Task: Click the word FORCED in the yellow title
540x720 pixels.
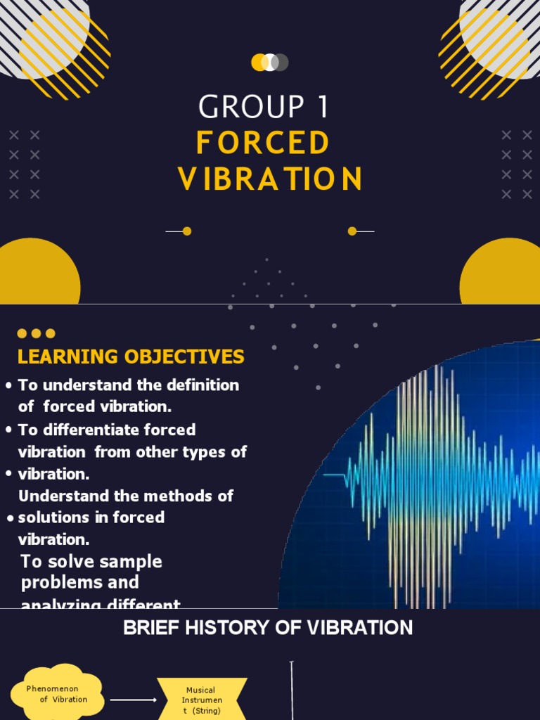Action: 263,143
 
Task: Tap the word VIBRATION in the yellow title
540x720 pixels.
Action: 270,179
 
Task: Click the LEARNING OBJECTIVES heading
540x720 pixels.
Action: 131,356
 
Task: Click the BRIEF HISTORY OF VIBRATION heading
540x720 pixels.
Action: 268,628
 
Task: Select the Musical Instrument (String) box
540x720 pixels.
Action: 202,700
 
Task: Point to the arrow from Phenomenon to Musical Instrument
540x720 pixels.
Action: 134,700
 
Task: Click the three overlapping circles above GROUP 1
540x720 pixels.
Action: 270,63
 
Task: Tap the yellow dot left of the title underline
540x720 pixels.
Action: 187,231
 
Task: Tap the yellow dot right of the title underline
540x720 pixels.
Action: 352,231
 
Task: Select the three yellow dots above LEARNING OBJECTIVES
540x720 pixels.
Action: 36,333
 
